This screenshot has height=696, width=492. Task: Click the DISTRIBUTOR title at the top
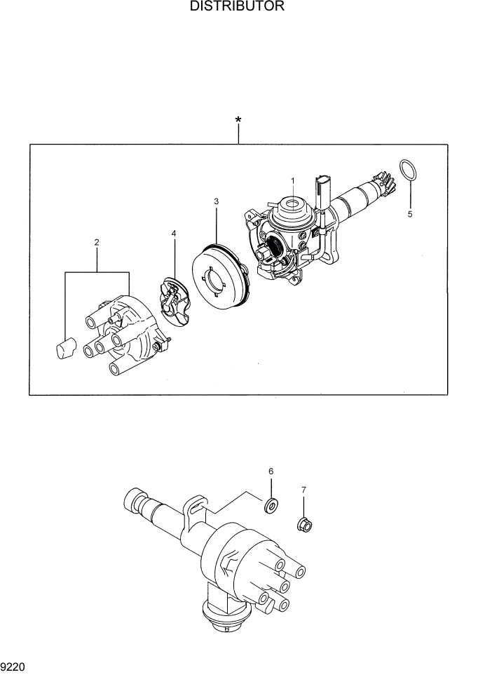click(236, 7)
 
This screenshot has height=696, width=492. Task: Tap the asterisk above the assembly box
click(238, 121)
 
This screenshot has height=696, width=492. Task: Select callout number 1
click(293, 180)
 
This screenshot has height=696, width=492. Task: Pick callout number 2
click(97, 243)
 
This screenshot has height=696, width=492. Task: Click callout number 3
click(217, 202)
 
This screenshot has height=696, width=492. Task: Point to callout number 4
click(173, 233)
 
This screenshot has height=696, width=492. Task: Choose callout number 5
click(411, 214)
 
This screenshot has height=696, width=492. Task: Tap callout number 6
click(271, 471)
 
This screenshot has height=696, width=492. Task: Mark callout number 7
click(303, 489)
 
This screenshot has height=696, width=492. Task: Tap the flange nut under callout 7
click(304, 523)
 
